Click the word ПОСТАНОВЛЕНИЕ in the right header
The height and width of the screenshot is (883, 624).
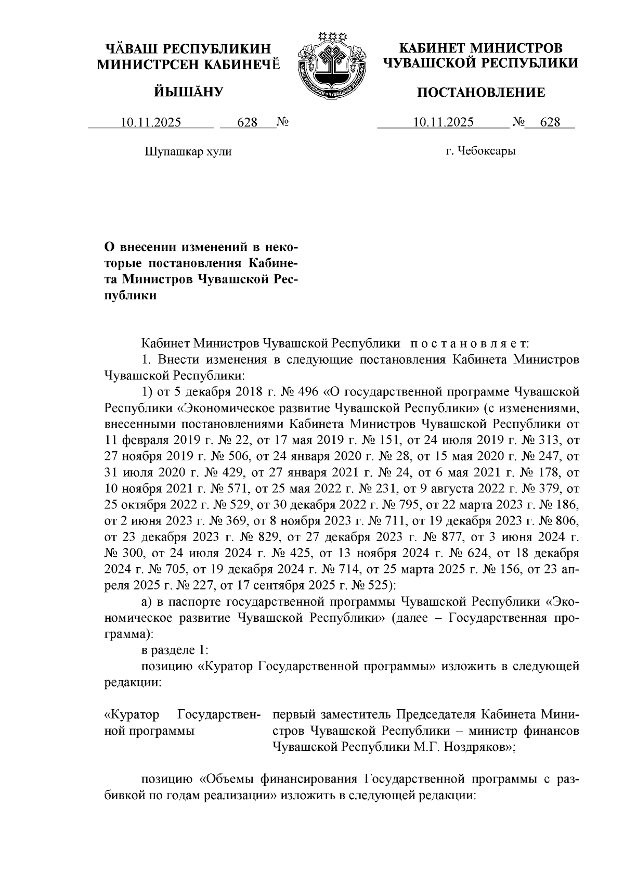[x=482, y=93]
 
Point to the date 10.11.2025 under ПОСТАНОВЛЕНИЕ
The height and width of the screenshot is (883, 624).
[x=443, y=123]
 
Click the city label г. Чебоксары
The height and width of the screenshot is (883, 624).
[x=480, y=152]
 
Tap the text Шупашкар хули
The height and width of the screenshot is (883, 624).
[x=188, y=152]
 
